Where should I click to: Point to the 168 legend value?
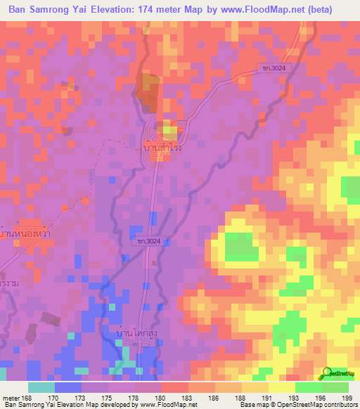27,398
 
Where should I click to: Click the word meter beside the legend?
10,398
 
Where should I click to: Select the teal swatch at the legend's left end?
41,387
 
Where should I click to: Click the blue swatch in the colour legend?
68,387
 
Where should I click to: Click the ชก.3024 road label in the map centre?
148,241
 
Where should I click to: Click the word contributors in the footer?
337,405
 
